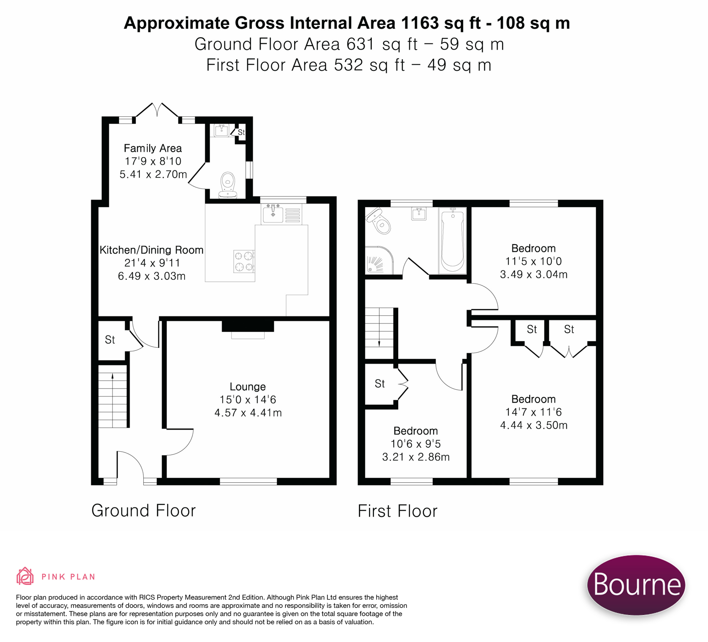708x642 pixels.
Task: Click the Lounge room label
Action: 247,387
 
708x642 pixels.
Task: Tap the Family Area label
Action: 153,148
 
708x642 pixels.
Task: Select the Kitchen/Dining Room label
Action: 151,250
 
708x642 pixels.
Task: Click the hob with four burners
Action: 244,261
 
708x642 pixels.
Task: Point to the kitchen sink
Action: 273,214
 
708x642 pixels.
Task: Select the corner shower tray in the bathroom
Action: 379,261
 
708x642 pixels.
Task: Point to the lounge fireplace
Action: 248,328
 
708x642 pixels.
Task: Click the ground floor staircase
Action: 113,396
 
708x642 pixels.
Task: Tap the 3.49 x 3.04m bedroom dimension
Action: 534,275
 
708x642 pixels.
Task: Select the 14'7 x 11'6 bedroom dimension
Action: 533,412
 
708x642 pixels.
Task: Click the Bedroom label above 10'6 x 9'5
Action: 416,431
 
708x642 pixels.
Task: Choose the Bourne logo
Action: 636,584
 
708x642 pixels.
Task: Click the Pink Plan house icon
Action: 25,577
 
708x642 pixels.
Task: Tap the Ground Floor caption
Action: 143,511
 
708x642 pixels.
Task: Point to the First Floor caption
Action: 397,511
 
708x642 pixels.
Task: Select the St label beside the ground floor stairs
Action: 110,340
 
